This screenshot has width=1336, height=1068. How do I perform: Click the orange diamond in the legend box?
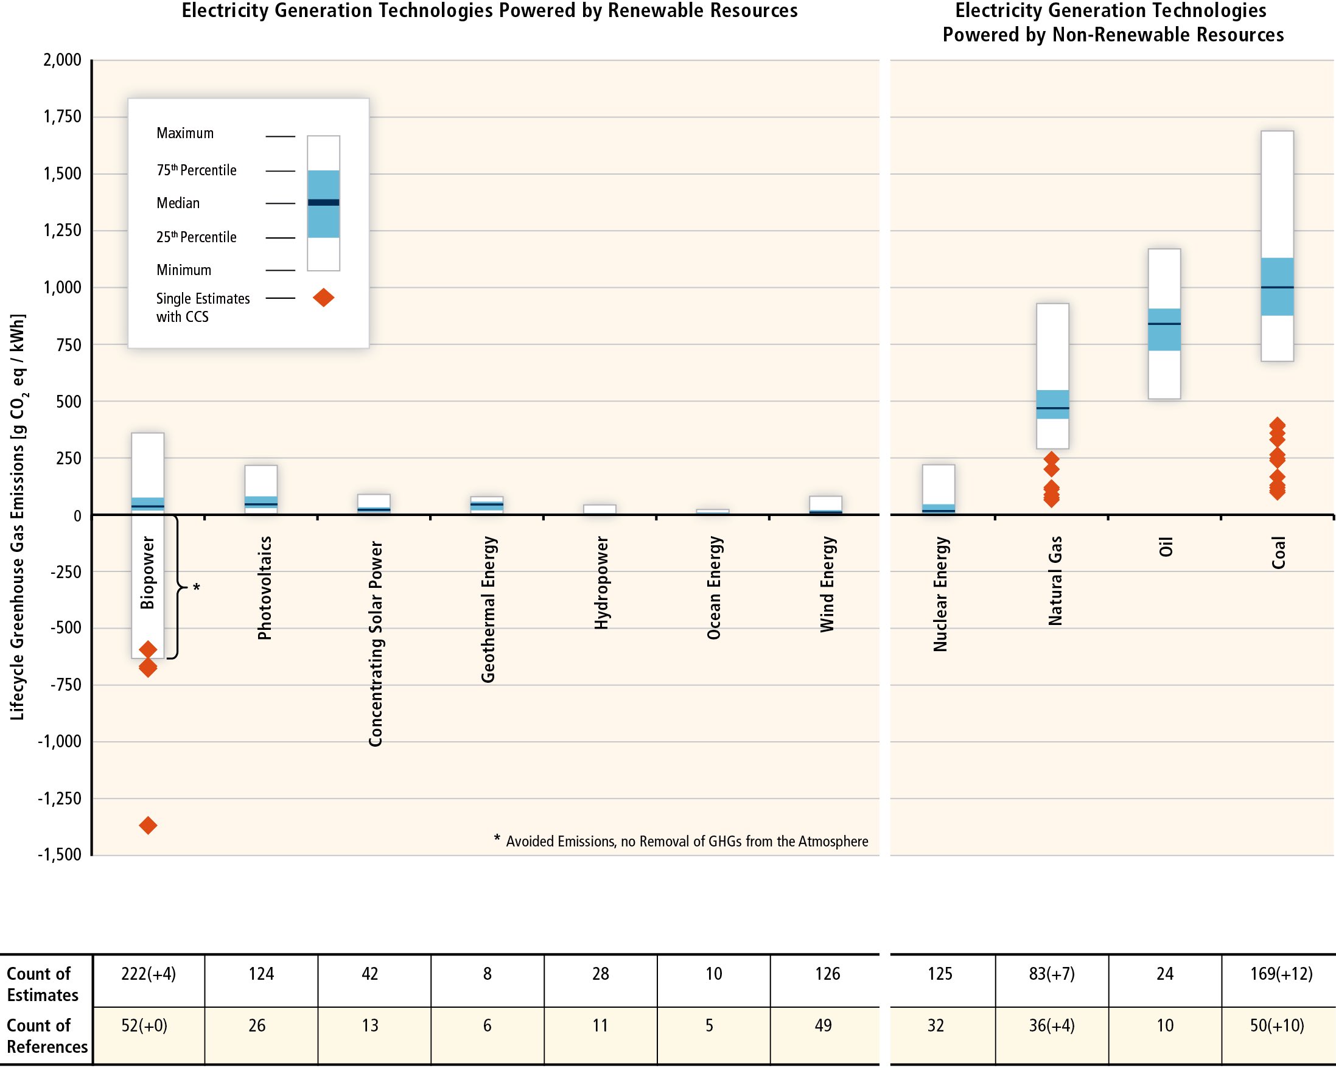click(323, 298)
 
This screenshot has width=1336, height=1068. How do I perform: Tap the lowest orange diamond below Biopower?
click(148, 825)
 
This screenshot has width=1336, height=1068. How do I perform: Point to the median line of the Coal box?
click(1277, 287)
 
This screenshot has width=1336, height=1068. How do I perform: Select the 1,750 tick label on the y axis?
click(62, 116)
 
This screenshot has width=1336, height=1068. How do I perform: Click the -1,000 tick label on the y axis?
click(60, 742)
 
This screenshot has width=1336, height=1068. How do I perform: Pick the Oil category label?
click(1166, 548)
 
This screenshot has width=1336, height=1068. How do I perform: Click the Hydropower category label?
click(601, 583)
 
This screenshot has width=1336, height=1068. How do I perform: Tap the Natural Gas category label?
click(1055, 581)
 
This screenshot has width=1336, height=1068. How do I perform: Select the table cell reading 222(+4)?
click(149, 974)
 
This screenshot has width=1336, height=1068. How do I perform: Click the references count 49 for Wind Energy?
click(823, 1025)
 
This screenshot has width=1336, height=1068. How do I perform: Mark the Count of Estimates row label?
click(42, 984)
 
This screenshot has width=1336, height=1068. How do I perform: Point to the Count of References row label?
click(46, 1036)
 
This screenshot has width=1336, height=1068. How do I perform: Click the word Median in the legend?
click(178, 203)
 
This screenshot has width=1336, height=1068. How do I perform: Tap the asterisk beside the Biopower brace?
click(197, 587)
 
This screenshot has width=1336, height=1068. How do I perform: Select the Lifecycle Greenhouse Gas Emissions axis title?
click(18, 517)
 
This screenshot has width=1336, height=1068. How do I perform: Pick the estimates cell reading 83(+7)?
click(1052, 974)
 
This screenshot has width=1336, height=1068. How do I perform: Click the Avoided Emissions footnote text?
click(687, 841)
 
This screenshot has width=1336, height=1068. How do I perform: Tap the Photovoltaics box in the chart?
click(261, 489)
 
